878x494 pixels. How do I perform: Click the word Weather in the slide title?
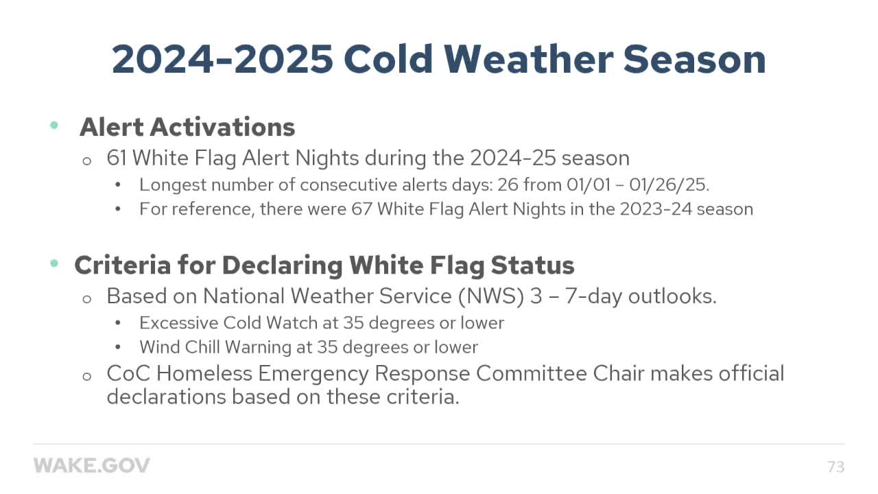527,59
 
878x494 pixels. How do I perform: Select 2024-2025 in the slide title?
222,59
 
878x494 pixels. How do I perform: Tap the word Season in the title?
694,59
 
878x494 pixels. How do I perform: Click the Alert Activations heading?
187,127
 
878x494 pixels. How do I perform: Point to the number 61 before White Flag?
117,158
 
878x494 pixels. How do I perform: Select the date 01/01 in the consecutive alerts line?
586,185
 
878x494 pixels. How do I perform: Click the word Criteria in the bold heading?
121,265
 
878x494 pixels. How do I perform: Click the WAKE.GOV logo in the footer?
92,466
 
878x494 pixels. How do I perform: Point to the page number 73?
835,467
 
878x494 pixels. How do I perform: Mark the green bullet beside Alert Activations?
54,126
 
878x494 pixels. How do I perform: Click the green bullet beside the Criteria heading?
54,263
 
